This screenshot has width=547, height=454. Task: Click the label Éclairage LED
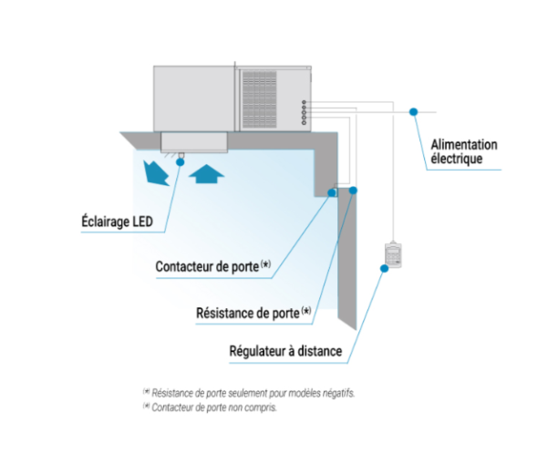point(118,222)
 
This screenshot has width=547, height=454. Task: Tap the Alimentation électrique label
point(464,151)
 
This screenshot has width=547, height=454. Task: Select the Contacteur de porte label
point(213,266)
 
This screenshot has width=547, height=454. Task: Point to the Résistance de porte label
point(253,313)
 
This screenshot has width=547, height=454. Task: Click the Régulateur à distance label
point(285,351)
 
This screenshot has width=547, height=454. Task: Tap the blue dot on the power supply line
point(413,111)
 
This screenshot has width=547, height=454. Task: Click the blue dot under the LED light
point(181,162)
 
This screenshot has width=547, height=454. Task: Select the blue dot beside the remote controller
point(384,268)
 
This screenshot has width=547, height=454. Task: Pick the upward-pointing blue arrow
point(206,173)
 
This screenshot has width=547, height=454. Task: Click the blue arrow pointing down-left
point(156,173)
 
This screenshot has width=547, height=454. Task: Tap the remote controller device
point(393,254)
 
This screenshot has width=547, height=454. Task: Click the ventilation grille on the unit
point(260,99)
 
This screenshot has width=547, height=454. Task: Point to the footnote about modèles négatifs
point(249,393)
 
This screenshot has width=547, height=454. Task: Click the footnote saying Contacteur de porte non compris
point(210,407)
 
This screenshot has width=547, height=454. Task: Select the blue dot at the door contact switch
point(332,192)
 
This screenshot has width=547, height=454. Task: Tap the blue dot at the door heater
point(353,191)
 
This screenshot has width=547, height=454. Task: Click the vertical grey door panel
point(347,258)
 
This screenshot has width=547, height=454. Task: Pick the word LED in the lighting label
point(143,222)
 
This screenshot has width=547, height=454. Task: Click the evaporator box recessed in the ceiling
point(194,141)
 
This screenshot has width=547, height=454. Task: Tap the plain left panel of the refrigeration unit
point(194,98)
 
